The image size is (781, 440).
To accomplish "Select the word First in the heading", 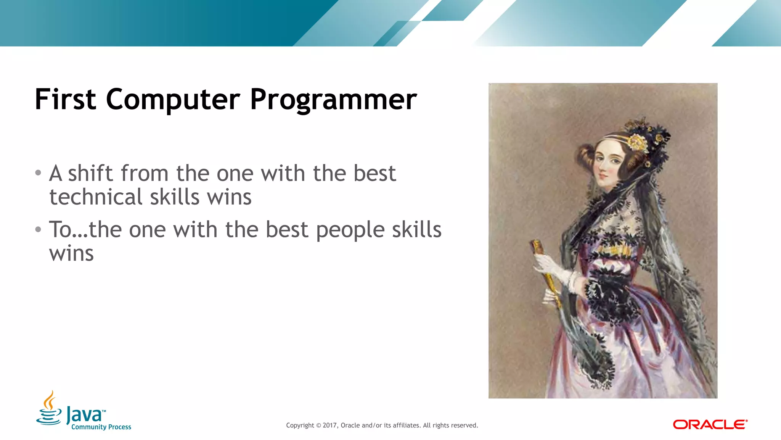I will [65, 99].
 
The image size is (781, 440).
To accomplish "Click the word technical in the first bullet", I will [96, 197].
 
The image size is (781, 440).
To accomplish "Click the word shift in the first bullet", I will [90, 174].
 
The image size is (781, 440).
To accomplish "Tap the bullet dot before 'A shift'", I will [38, 173].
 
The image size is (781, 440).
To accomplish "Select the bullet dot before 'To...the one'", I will [38, 229].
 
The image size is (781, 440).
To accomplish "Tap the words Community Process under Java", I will [101, 427].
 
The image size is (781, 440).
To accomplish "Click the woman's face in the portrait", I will [608, 164].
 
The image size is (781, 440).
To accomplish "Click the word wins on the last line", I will [71, 254].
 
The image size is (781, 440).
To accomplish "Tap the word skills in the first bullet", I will [174, 197].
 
